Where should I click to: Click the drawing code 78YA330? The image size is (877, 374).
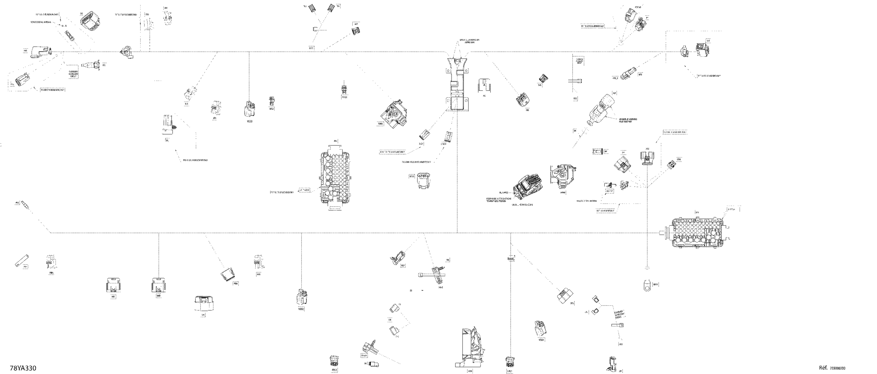[x=23, y=368]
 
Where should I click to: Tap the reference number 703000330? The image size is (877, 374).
[x=838, y=368]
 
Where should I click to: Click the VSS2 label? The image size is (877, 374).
[x=301, y=309]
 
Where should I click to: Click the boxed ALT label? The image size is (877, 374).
[x=615, y=93]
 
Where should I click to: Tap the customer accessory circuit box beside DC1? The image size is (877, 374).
[x=74, y=71]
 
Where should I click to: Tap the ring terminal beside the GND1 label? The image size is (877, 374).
[x=647, y=285]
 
